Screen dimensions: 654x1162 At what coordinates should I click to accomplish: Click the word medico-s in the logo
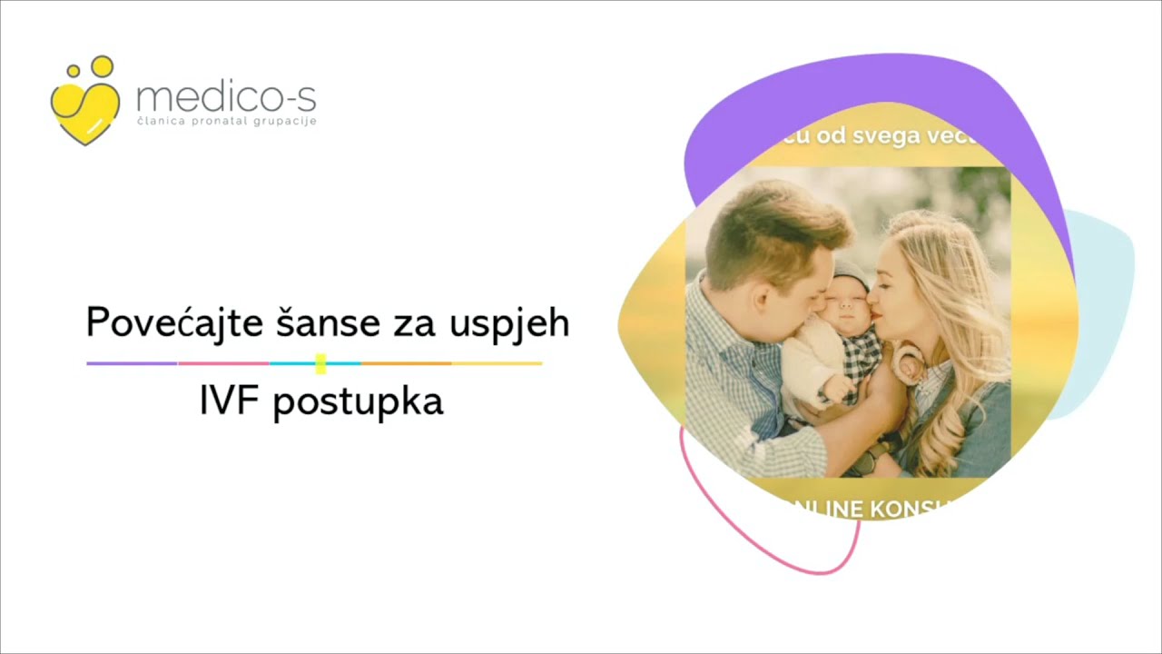(225, 95)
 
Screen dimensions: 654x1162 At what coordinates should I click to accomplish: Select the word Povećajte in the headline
(166, 323)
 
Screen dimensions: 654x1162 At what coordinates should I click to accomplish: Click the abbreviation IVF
(231, 401)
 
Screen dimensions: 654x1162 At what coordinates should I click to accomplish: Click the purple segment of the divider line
(132, 363)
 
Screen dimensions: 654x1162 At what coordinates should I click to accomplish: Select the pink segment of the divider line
(223, 363)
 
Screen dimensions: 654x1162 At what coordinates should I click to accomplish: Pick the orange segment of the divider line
(406, 363)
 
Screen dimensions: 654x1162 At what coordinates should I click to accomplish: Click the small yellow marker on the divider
(320, 363)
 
